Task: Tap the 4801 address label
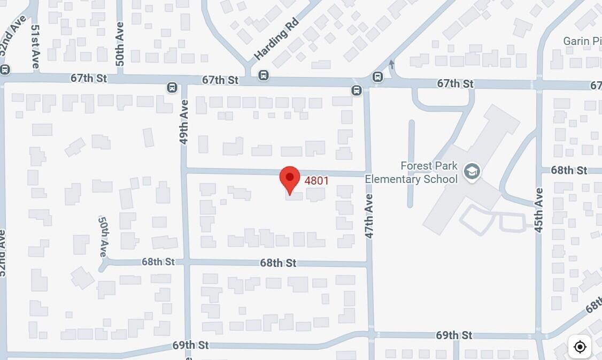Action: pyautogui.click(x=317, y=181)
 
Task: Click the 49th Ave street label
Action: pyautogui.click(x=184, y=122)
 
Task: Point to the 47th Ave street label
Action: pyautogui.click(x=369, y=216)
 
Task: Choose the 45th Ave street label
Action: pyautogui.click(x=538, y=210)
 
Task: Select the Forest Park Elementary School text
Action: pyautogui.click(x=411, y=172)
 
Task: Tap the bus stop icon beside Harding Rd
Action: pyautogui.click(x=263, y=75)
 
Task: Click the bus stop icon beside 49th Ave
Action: pyautogui.click(x=172, y=87)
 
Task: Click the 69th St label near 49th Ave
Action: pyautogui.click(x=190, y=346)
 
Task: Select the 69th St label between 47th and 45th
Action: pyautogui.click(x=454, y=335)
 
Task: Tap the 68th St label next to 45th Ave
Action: pyautogui.click(x=569, y=170)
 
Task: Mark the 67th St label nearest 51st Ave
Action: pyautogui.click(x=89, y=78)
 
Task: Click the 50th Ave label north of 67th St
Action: pyautogui.click(x=120, y=44)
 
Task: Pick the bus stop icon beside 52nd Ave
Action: pyautogui.click(x=5, y=70)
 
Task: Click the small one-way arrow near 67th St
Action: pyautogui.click(x=391, y=65)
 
